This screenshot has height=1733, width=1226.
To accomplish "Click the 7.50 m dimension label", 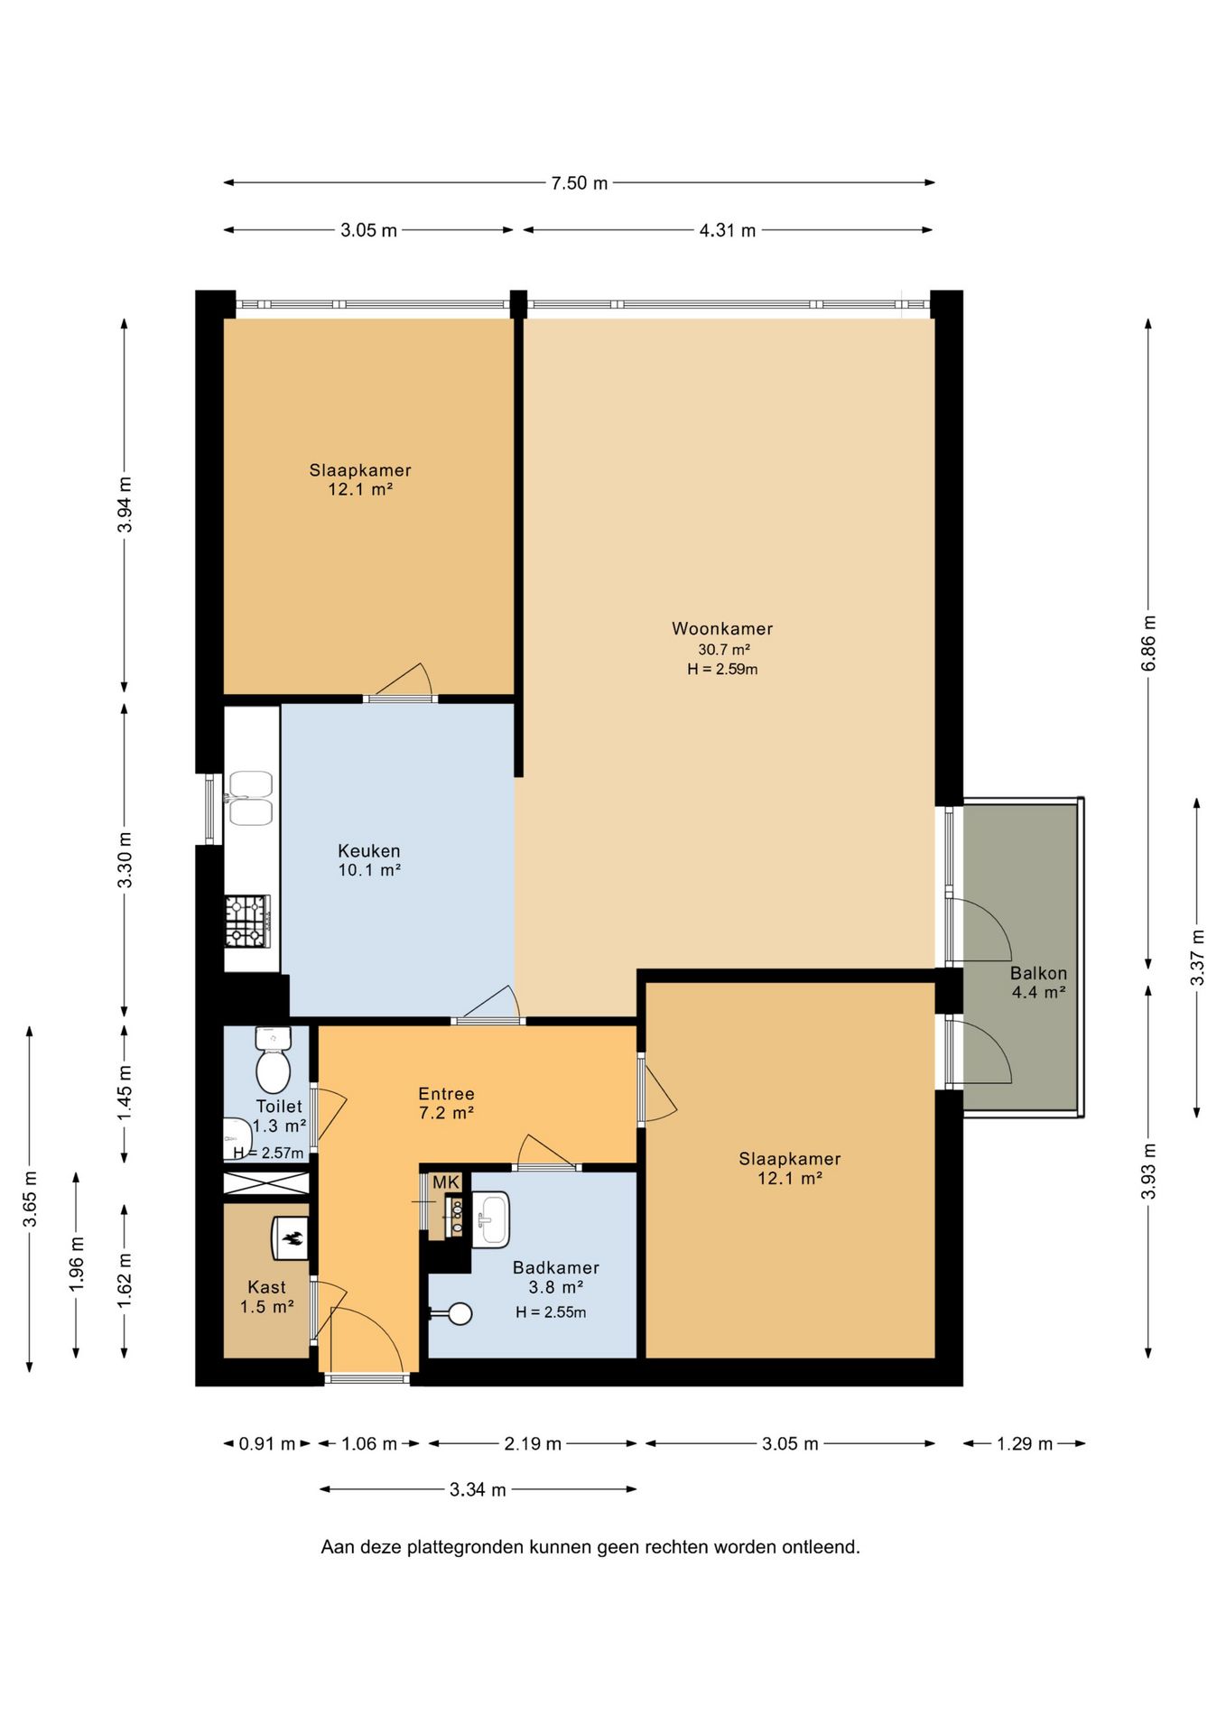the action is pyautogui.click(x=580, y=183).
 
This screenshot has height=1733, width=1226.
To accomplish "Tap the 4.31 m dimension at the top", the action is pyautogui.click(x=728, y=230).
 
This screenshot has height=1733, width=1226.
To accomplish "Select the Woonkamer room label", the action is pyautogui.click(x=722, y=629).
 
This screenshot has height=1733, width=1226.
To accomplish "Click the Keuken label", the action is pyautogui.click(x=369, y=850).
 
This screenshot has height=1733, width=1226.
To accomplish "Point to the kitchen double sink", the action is pyautogui.click(x=251, y=798).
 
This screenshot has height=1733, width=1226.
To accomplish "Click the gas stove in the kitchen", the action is pyautogui.click(x=247, y=921).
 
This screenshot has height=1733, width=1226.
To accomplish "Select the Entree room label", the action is pyautogui.click(x=446, y=1094).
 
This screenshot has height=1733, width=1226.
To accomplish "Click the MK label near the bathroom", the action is pyautogui.click(x=446, y=1182).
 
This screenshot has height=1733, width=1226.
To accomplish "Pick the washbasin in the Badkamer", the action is pyautogui.click(x=490, y=1219).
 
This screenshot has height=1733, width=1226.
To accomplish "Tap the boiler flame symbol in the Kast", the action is pyautogui.click(x=291, y=1239).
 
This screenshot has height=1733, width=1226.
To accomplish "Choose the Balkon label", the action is pyautogui.click(x=1038, y=973).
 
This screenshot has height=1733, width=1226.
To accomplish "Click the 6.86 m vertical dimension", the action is pyautogui.click(x=1148, y=643).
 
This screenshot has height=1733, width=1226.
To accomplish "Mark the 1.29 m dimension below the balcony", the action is pyautogui.click(x=1025, y=1443).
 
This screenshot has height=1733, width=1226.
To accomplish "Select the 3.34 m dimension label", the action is pyautogui.click(x=478, y=1489).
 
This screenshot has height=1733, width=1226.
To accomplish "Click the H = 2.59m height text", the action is pyautogui.click(x=722, y=669).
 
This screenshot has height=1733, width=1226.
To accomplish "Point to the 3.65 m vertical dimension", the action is pyautogui.click(x=30, y=1198).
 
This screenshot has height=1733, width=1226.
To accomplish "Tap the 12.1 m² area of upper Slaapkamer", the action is pyautogui.click(x=360, y=489).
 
